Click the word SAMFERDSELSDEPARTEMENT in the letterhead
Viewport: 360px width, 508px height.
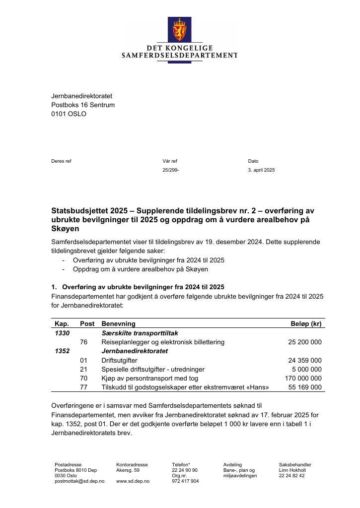click(x=179, y=56)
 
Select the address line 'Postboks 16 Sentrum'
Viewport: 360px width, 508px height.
click(x=83, y=105)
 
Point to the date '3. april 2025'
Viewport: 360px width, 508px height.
click(x=261, y=170)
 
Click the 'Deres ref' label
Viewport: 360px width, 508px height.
click(x=61, y=161)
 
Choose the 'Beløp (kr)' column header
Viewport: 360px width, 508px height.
click(x=306, y=324)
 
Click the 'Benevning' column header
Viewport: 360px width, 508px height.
click(x=118, y=324)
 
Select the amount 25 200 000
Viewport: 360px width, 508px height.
click(x=305, y=342)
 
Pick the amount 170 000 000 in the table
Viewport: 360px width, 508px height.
click(x=303, y=379)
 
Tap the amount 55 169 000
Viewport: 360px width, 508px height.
click(x=305, y=387)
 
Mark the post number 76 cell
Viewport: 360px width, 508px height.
click(x=83, y=342)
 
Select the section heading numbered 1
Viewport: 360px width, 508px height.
click(x=138, y=287)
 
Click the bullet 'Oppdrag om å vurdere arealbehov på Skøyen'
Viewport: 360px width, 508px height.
click(x=140, y=269)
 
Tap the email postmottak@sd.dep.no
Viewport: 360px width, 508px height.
click(x=79, y=481)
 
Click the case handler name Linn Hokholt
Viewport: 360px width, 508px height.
click(x=292, y=470)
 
